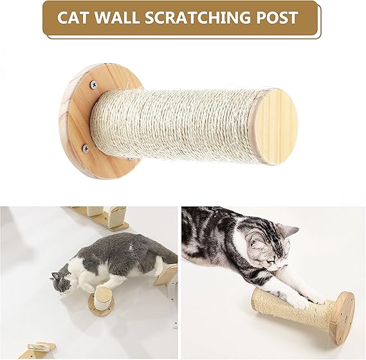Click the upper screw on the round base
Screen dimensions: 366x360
pos(94,84)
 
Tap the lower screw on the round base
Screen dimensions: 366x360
pos(86,148)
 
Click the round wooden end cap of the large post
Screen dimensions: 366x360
pos(275,126)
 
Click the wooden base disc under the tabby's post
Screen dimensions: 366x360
pos(342,318)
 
